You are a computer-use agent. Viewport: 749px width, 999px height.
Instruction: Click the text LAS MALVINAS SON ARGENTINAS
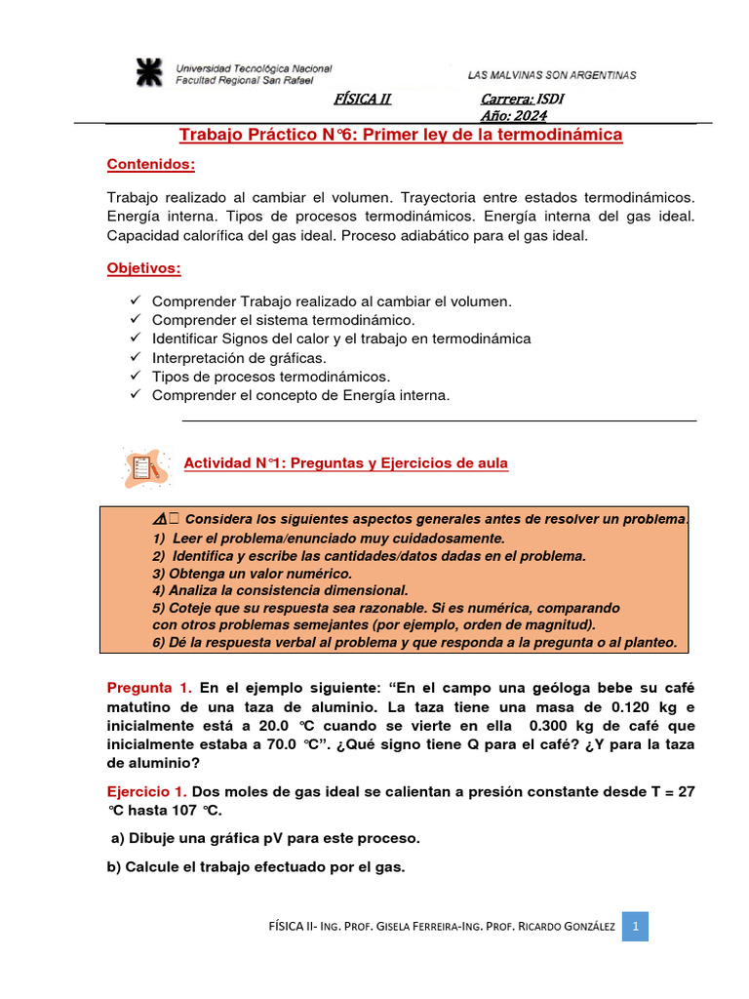552,74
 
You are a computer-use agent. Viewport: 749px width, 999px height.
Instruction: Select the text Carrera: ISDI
523,100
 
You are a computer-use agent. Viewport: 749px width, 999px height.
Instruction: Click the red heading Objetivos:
143,267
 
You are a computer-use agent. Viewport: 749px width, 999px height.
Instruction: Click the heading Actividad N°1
346,463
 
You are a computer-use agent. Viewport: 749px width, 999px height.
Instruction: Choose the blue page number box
634,926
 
